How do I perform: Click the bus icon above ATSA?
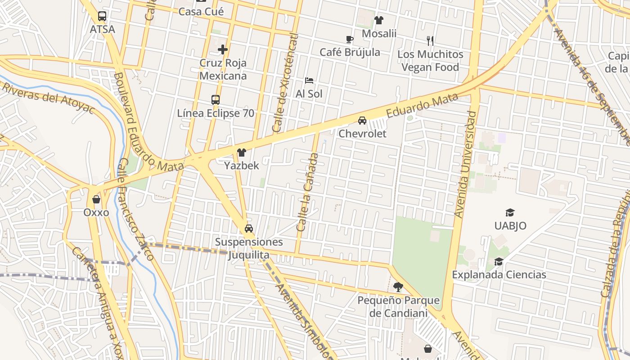coord(102,17)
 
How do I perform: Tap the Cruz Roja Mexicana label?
coord(223,69)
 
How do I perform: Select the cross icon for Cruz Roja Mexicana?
coord(223,49)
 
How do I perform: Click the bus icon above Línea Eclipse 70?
coord(216,100)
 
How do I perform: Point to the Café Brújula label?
coord(350,52)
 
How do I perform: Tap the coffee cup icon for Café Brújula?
coord(350,40)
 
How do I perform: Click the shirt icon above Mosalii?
coord(379,20)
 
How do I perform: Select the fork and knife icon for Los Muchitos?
coord(430,41)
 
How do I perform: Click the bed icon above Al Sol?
coord(309,81)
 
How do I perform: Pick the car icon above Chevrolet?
coord(362,121)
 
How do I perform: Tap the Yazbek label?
coord(242,166)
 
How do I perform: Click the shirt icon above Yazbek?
coord(242,153)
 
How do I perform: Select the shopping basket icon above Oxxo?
coord(96,199)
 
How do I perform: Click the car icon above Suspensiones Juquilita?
coord(249,229)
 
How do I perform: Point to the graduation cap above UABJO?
coord(510,212)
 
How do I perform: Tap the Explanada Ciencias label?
coord(499,274)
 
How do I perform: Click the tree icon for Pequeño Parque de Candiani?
coord(398,287)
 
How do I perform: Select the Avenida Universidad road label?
coord(466,164)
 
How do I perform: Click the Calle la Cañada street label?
coord(308,193)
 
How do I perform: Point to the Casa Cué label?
coord(201,11)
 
